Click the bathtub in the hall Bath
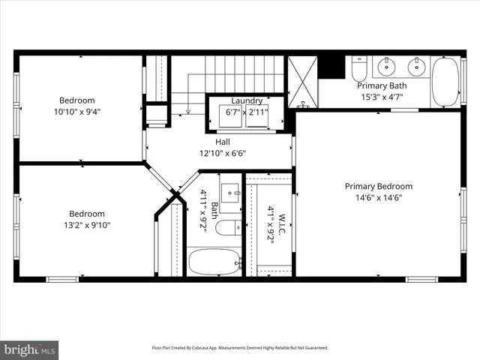[214, 262]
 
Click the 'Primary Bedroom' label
[378, 186]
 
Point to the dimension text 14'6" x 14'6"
[378, 198]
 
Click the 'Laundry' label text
[247, 100]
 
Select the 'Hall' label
[223, 142]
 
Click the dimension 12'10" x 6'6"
[223, 153]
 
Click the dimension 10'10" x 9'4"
[77, 112]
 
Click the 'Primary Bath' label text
[381, 85]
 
